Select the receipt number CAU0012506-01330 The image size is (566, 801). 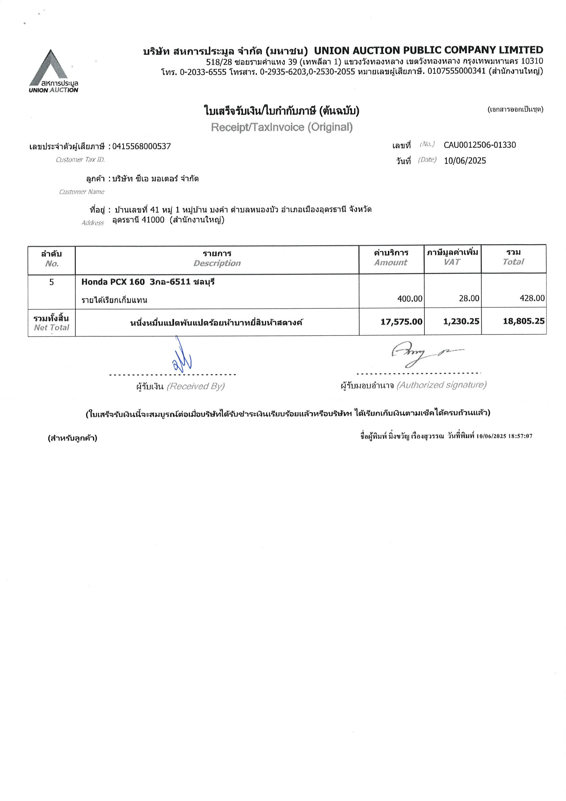coord(480,145)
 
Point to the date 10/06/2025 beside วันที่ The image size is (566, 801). coord(465,161)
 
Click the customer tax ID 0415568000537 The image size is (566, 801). coord(142,146)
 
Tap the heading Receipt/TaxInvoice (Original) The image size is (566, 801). coord(282,127)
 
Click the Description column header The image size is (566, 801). coord(217,263)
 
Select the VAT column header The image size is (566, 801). coord(452,262)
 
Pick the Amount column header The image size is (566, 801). coord(390,263)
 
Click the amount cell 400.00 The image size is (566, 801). coord(410,299)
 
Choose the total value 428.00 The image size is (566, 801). coord(532,298)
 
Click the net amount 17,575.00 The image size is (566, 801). coord(401,321)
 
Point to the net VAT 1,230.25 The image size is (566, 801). coord(461,321)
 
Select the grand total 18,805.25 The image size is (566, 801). coord(523,321)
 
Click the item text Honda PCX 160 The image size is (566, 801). coord(113,282)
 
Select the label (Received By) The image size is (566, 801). coord(196,386)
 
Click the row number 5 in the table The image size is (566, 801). coord(52,282)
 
